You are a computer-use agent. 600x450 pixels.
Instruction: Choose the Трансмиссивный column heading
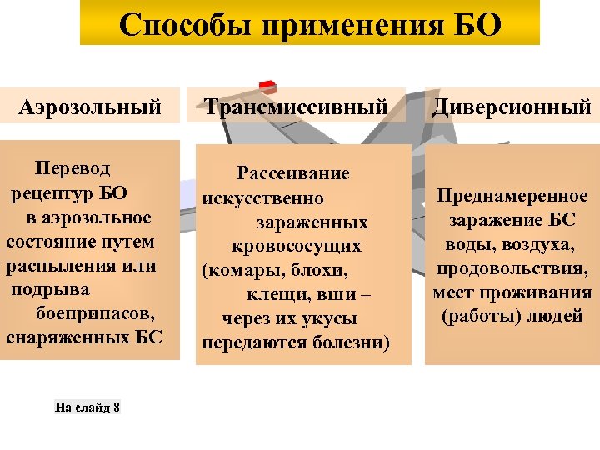[x=297, y=107]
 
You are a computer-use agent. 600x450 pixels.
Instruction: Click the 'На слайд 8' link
[x=87, y=407]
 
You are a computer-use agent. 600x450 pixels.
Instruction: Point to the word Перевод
[x=72, y=169]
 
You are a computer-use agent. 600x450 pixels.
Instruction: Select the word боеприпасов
[x=96, y=314]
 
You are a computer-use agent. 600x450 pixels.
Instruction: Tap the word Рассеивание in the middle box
[x=293, y=174]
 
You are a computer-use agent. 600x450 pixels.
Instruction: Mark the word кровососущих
[x=297, y=247]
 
